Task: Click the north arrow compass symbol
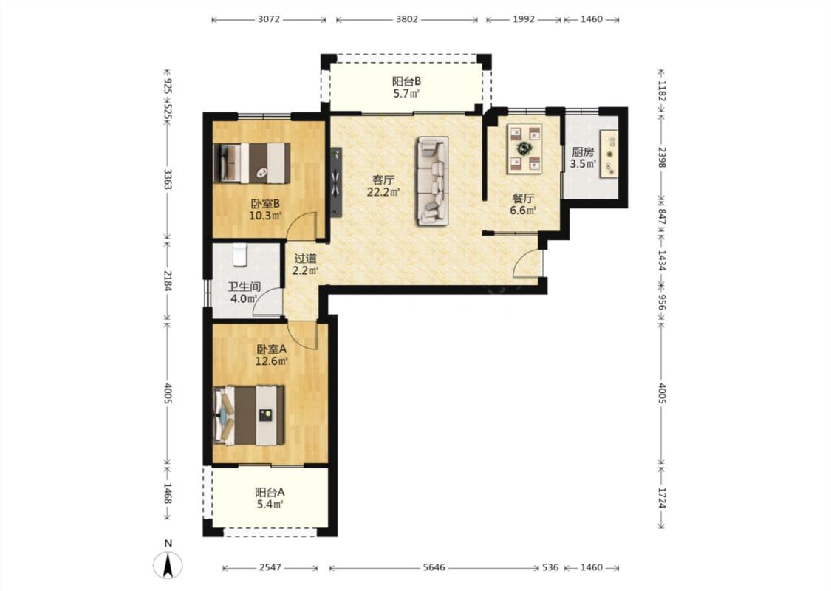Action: click(168, 564)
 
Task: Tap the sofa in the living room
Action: click(432, 181)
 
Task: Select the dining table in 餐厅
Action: click(524, 148)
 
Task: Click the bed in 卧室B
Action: click(252, 163)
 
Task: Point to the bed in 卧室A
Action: click(248, 416)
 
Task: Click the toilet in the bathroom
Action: click(240, 254)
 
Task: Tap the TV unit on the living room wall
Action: click(335, 182)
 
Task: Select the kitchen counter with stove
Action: click(609, 154)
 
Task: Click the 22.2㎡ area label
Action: click(383, 192)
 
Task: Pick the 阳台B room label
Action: click(406, 81)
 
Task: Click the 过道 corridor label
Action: click(305, 259)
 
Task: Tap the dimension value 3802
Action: click(407, 19)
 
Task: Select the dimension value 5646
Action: click(434, 567)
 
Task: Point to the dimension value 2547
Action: click(270, 567)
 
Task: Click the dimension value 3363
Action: click(168, 180)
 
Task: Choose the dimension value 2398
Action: click(661, 157)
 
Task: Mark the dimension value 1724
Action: click(661, 498)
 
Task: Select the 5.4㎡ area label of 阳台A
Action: click(270, 504)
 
